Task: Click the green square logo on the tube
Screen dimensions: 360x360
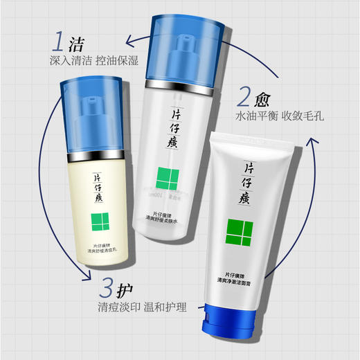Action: (236, 231)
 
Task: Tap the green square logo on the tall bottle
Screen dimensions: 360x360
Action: (168, 178)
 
